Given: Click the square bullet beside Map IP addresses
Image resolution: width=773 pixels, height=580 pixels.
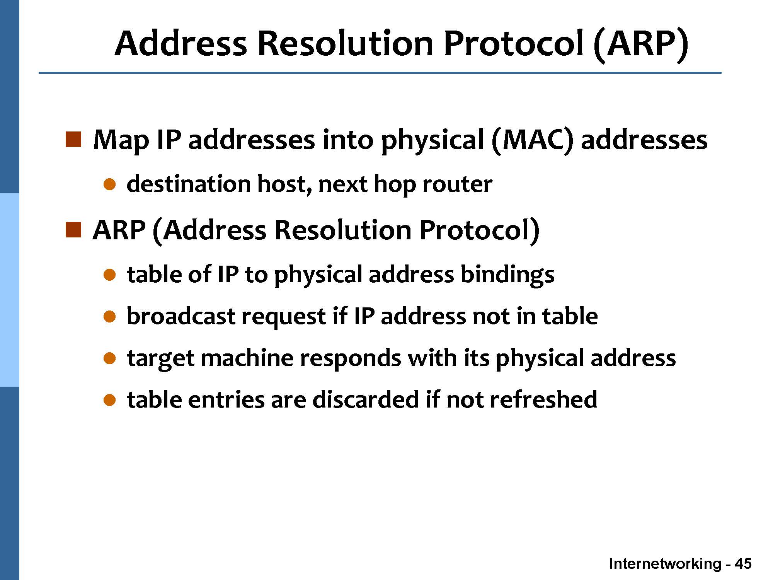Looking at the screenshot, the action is pos(73,140).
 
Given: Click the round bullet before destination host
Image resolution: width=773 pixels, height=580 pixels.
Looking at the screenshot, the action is pos(110,184).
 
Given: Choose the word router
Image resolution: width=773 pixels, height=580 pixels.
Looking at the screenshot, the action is pos(457,184).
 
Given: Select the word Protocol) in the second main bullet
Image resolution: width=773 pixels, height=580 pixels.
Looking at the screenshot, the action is pos(479,231).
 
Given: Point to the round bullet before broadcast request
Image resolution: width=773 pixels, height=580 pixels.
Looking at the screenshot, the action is pos(110,317).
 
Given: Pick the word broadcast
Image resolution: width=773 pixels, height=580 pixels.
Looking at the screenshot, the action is pos(180,316).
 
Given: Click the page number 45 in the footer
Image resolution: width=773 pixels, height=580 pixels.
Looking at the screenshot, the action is pos(743,564).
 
